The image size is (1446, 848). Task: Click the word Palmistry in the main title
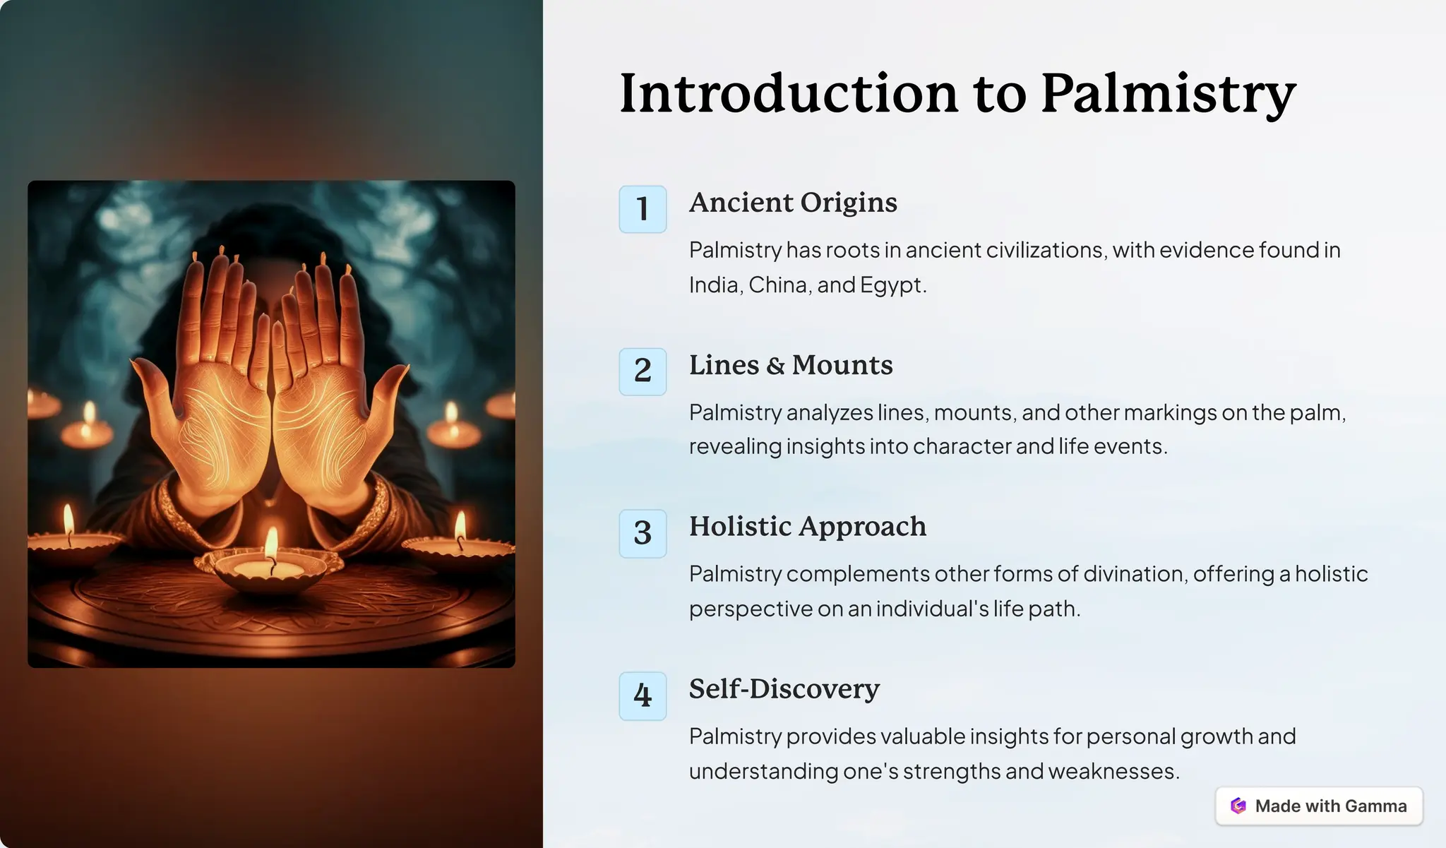[1168, 93]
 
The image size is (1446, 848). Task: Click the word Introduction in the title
[788, 93]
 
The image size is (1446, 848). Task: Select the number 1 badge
[643, 209]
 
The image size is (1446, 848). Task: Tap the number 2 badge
[643, 371]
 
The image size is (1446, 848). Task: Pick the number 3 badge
[643, 533]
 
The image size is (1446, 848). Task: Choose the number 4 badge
[643, 695]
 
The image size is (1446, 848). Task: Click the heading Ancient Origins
[793, 203]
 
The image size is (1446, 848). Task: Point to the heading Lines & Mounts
[791, 365]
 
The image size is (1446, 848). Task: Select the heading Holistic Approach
[808, 527]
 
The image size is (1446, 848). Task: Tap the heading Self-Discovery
[784, 689]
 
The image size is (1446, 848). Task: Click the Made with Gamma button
[1319, 806]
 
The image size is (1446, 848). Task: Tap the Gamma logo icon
[1238, 806]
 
